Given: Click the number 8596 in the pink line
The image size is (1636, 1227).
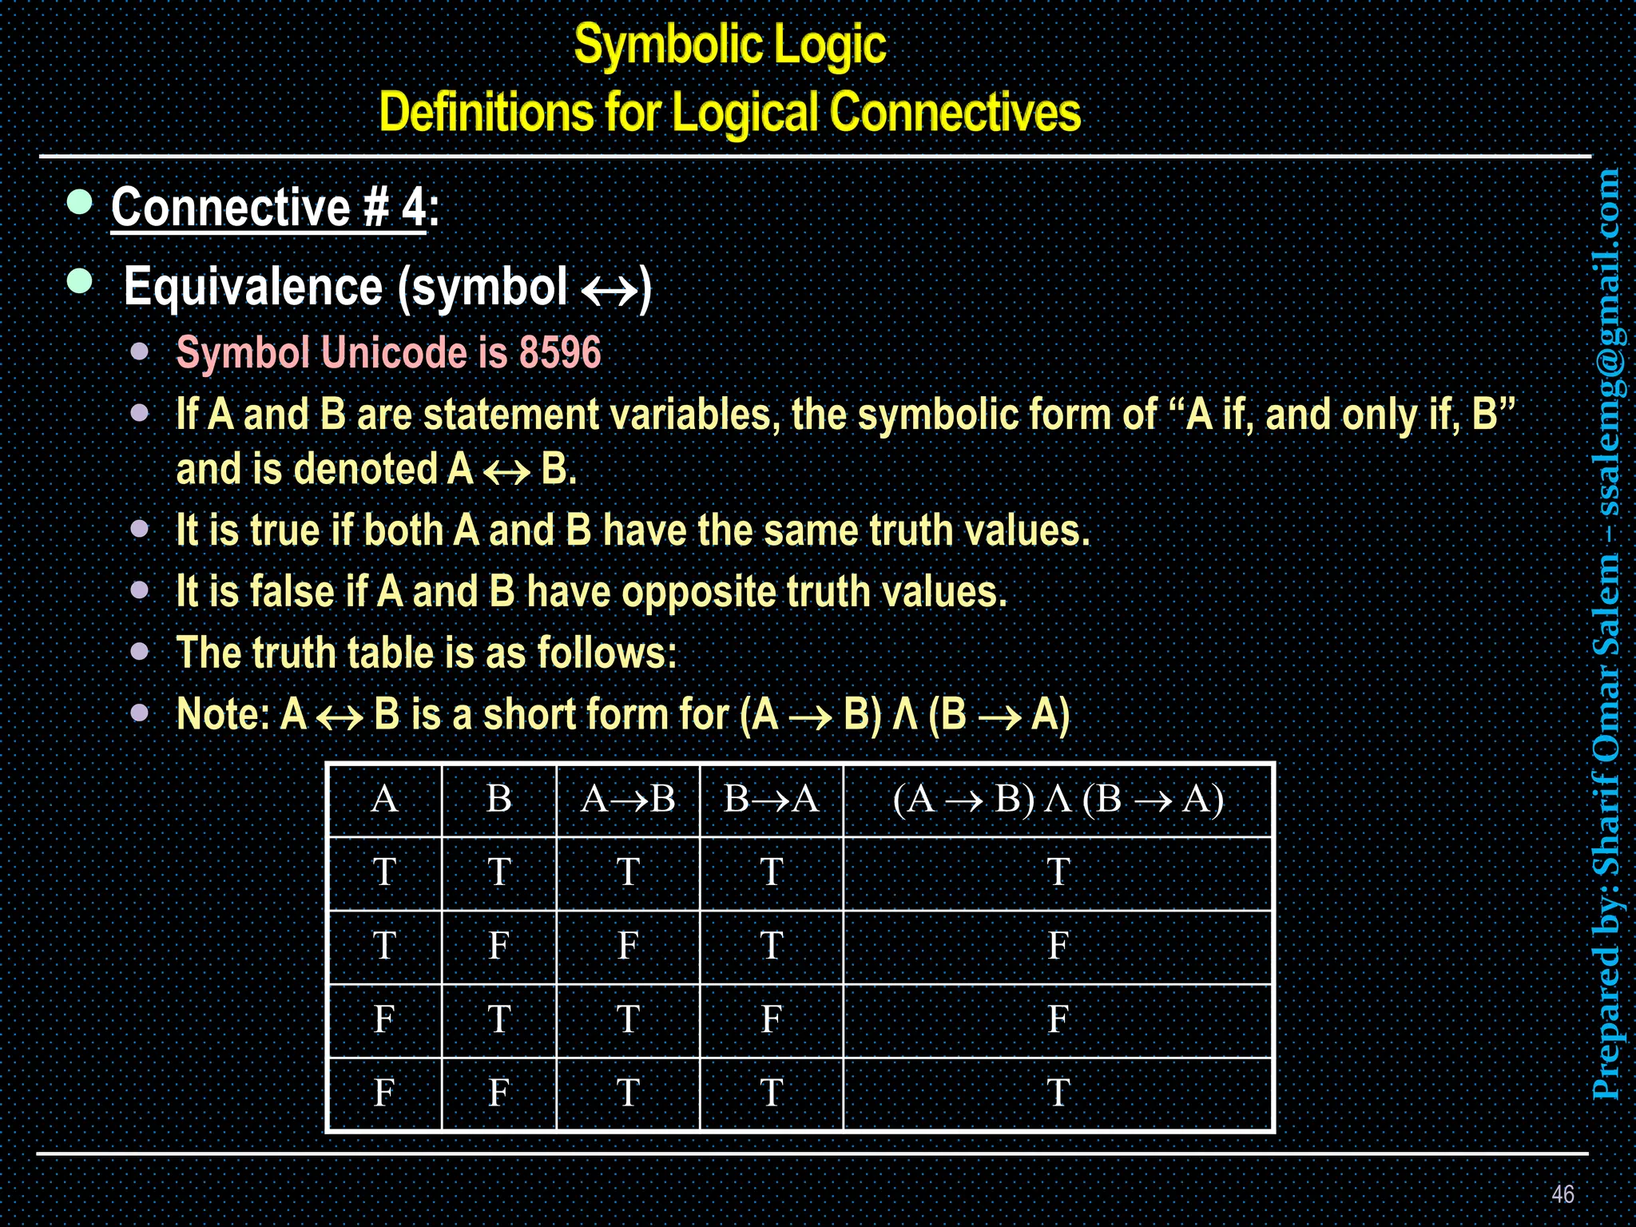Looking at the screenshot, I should point(559,352).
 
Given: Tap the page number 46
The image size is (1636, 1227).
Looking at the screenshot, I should point(1563,1194).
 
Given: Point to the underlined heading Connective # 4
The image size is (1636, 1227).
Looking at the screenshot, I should point(268,208).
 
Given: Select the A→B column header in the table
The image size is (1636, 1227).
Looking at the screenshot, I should point(628,799).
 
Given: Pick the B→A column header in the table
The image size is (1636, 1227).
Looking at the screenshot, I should point(771,799).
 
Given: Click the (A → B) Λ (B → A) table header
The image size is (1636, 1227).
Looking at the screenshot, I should point(1058,799).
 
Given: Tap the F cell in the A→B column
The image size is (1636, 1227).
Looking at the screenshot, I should point(628,946).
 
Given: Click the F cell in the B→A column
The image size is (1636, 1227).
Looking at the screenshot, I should point(771,1019).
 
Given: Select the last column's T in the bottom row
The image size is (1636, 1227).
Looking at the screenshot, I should point(1058,1093).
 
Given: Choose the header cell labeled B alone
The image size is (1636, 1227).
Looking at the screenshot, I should point(498,799).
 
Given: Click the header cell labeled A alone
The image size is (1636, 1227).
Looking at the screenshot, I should point(384,799).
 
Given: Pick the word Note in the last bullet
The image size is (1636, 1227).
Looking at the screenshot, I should point(221,714).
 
